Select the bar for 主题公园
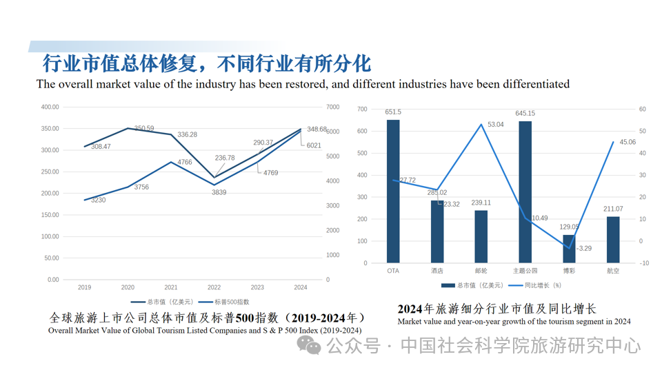pos(525,192)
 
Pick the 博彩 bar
pos(569,249)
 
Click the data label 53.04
pos(495,125)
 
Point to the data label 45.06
pos(628,142)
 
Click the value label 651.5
pos(393,112)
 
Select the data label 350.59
pos(144,128)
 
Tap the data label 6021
pos(314,145)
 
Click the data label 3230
pos(98,200)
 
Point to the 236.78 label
pos(225,158)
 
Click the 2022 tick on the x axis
pos(214,287)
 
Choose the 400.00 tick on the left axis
pos(50,107)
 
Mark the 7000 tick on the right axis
pos(332,107)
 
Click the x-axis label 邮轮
pos(481,271)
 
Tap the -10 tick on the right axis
pos(643,263)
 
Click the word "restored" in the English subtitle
pos(308,84)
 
